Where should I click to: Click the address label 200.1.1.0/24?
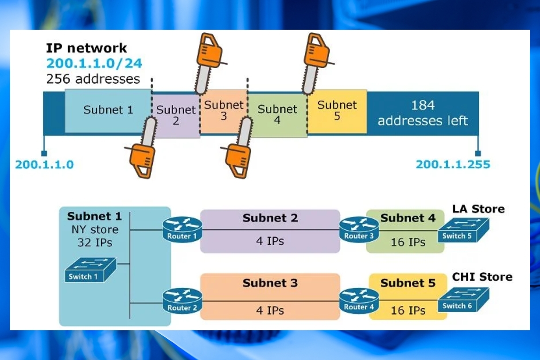click(94, 63)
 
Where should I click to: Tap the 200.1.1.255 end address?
click(452, 165)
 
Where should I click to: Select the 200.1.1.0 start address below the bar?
click(44, 165)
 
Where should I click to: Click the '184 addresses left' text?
click(423, 113)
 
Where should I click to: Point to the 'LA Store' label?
click(478, 209)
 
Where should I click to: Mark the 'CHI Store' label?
click(482, 277)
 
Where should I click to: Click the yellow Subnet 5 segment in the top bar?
click(337, 111)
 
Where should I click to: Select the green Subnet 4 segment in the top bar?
click(277, 114)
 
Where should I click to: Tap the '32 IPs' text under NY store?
click(94, 243)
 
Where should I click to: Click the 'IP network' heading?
click(86, 48)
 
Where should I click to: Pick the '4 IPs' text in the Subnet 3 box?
click(270, 310)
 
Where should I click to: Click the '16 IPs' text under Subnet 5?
click(408, 310)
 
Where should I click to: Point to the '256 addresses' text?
click(93, 79)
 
